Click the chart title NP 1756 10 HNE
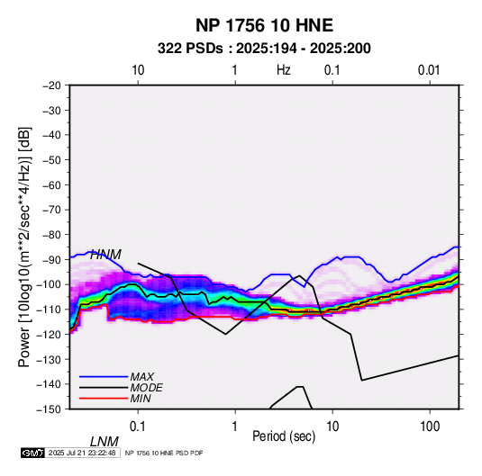(264, 25)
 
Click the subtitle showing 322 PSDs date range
(264, 49)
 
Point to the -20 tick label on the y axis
(51, 85)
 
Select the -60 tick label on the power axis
(51, 184)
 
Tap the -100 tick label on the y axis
(49, 284)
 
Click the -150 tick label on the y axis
(49, 409)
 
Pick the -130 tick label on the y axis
(49, 359)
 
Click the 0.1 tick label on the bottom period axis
(138, 427)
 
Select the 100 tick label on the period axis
(430, 427)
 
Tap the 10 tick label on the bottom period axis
(332, 427)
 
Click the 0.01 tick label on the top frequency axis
(429, 70)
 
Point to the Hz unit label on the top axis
(284, 70)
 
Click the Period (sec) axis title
(284, 436)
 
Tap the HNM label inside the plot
(105, 255)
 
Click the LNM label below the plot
(104, 442)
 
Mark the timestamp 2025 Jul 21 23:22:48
(82, 453)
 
